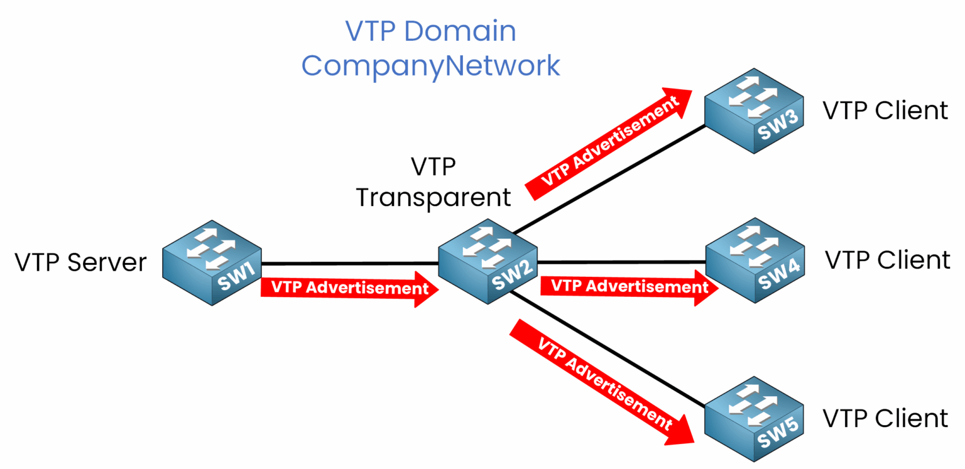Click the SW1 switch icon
click(x=212, y=262)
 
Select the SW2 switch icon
click(x=488, y=261)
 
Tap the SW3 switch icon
click(x=754, y=111)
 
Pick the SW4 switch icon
click(x=755, y=261)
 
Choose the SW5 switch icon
click(x=754, y=419)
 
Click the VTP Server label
click(x=80, y=262)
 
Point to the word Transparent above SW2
click(x=433, y=197)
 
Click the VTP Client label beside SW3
click(x=885, y=111)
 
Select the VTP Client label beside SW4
click(x=886, y=259)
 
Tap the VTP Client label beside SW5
click(x=885, y=418)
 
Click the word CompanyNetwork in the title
click(x=430, y=66)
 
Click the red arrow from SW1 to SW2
click(x=349, y=289)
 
